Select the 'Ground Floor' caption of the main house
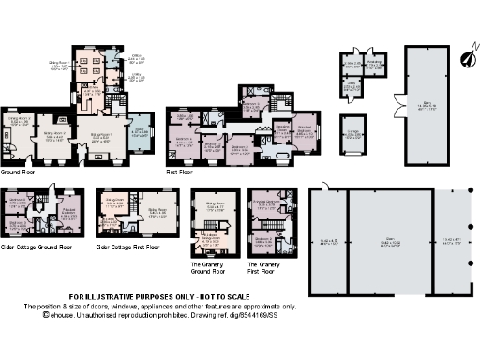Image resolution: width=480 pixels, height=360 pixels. [18, 172]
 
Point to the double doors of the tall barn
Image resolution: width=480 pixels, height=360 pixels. [398, 97]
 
